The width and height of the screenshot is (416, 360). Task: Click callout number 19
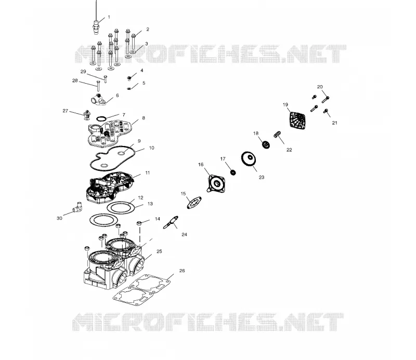(x=285, y=105)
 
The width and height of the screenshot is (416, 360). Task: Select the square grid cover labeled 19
(x=297, y=121)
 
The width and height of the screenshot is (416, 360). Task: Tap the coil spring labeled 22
(x=277, y=135)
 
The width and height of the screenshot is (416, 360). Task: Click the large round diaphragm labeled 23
(x=249, y=158)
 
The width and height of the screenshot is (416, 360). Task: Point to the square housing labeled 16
(x=216, y=183)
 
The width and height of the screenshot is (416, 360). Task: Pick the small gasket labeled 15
(x=194, y=203)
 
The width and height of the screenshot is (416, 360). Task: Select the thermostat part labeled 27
(x=87, y=115)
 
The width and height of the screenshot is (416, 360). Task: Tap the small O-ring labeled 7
(x=101, y=118)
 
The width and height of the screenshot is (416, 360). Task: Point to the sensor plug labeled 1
(x=96, y=26)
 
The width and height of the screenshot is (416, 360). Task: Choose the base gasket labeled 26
(x=141, y=290)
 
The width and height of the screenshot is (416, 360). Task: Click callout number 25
(x=159, y=251)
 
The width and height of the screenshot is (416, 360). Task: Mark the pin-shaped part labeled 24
(x=171, y=223)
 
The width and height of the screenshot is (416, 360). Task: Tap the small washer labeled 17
(x=233, y=172)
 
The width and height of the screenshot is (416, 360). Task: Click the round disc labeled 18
(x=266, y=145)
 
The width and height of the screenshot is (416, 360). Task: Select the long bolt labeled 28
(x=98, y=86)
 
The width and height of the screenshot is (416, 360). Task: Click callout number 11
(x=148, y=173)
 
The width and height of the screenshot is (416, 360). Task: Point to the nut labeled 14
(x=139, y=223)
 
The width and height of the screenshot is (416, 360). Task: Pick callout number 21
(x=334, y=123)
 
